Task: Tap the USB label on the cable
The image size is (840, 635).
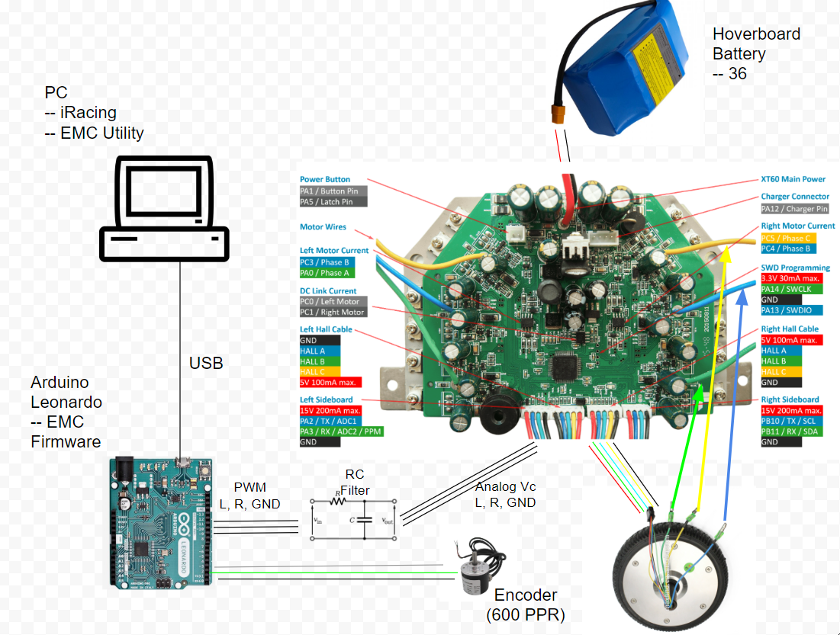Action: [x=206, y=363]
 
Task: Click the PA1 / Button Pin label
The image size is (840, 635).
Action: [x=333, y=191]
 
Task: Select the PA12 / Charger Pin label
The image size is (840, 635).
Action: [x=794, y=209]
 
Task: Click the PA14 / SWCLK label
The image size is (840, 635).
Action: [x=788, y=290]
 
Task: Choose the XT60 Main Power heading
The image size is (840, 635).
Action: [x=793, y=179]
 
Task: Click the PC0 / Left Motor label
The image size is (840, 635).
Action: [x=333, y=302]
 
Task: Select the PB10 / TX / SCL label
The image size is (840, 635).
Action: [x=791, y=421]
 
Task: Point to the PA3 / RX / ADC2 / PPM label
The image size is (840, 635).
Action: [x=341, y=431]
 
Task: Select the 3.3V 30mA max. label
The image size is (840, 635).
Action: [x=791, y=279]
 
